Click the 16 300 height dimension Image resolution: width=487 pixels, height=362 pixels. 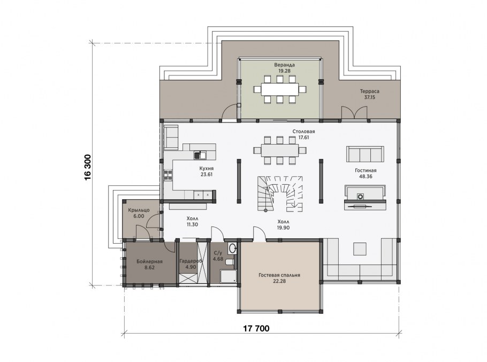[88, 167]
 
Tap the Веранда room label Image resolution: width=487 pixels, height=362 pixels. [284, 65]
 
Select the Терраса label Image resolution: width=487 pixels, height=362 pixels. [370, 92]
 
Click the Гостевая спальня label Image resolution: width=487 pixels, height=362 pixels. [279, 275]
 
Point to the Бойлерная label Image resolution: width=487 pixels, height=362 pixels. [149, 261]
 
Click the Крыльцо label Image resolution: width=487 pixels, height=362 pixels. [139, 210]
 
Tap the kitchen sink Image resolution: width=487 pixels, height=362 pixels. [200, 154]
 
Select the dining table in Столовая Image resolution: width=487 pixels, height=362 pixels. [279, 150]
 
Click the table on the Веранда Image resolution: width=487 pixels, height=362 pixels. [279, 89]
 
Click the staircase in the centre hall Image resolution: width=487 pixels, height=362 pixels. [279, 193]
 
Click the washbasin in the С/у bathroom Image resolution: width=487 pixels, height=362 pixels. [232, 248]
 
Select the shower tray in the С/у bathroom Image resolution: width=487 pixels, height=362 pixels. [229, 276]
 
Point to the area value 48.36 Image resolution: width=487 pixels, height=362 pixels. [366, 176]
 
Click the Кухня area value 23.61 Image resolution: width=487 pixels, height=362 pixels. [207, 175]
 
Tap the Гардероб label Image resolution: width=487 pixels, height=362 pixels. [191, 261]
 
